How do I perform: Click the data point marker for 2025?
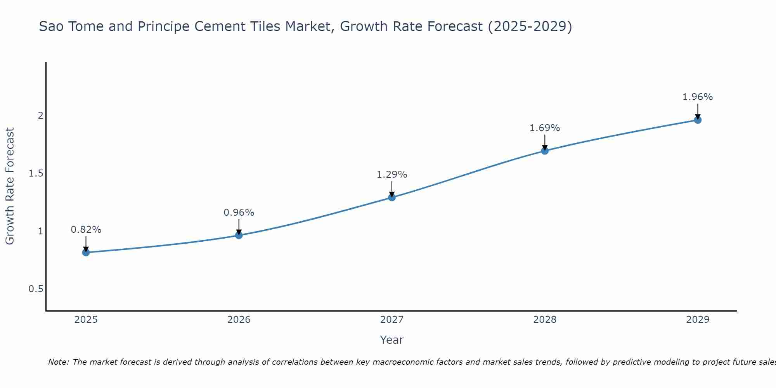pos(86,253)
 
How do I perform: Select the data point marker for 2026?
pos(239,235)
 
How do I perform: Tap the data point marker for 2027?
pos(391,197)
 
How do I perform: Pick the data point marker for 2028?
pos(544,151)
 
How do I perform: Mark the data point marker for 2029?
pos(697,120)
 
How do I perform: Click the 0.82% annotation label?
pos(86,230)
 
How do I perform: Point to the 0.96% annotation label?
pos(239,213)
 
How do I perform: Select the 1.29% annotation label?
pos(391,175)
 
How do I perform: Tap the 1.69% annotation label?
pos(544,128)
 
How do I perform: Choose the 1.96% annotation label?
pos(697,97)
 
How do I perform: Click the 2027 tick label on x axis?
pos(391,320)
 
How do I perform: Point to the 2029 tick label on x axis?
pos(697,320)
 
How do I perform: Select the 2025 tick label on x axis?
pos(86,320)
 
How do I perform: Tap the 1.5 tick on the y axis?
pos(36,173)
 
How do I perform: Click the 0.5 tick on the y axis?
pos(36,289)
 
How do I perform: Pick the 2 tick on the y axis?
pos(40,116)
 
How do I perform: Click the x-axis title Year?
pos(391,340)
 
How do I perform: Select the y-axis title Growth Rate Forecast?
pos(10,186)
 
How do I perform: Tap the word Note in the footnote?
pos(58,362)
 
